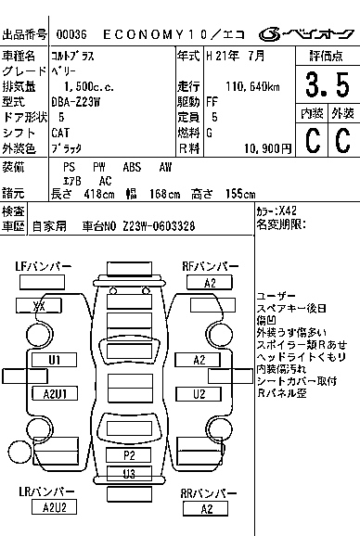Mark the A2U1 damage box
(x=55, y=394)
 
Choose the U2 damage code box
(x=199, y=394)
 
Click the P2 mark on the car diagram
(x=130, y=455)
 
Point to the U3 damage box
(x=130, y=474)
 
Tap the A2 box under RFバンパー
(x=209, y=283)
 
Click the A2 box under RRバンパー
(x=207, y=508)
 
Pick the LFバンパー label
(x=44, y=267)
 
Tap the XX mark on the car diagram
(x=41, y=306)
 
